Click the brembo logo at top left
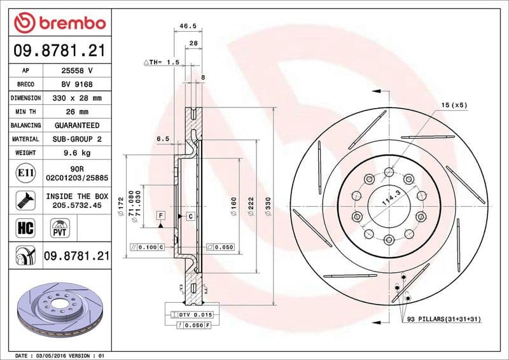coord(59,23)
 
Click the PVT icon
coord(60,227)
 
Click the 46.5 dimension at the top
coord(187,26)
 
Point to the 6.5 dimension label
coord(162,138)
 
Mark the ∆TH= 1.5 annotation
coord(162,62)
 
